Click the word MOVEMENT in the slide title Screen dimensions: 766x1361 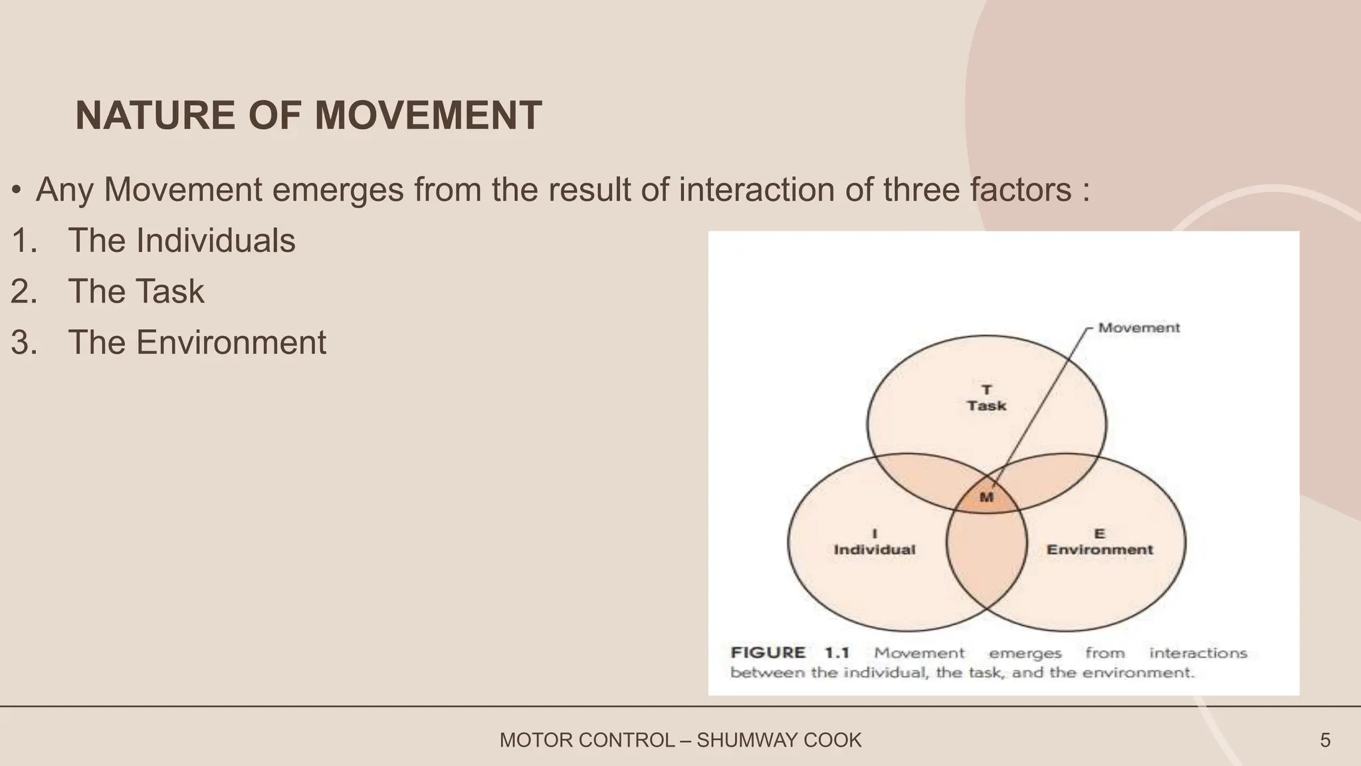pyautogui.click(x=428, y=116)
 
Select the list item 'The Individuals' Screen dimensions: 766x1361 pyautogui.click(x=181, y=241)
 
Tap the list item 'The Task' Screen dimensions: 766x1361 pyautogui.click(x=136, y=292)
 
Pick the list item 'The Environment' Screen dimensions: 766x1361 pyautogui.click(x=197, y=343)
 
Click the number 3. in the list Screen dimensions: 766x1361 pyautogui.click(x=24, y=343)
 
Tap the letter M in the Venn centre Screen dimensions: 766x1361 pyautogui.click(x=986, y=497)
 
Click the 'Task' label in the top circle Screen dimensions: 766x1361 pyautogui.click(x=986, y=406)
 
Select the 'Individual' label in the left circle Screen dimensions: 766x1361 pyautogui.click(x=874, y=550)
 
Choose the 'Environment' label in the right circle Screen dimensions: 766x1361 pyautogui.click(x=1099, y=550)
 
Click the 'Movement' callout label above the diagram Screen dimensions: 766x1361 pyautogui.click(x=1138, y=328)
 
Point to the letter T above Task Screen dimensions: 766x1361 pyautogui.click(x=986, y=389)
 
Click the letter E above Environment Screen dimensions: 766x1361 pyautogui.click(x=1099, y=533)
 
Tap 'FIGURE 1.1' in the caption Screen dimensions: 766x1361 pyautogui.click(x=789, y=653)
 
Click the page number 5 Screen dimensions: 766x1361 pyautogui.click(x=1325, y=740)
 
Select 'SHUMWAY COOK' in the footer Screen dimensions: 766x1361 pyautogui.click(x=778, y=740)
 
